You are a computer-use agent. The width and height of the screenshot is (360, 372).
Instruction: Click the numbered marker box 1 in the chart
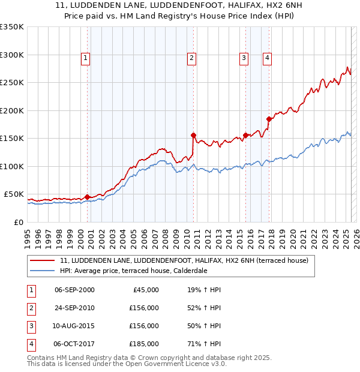tap(86, 58)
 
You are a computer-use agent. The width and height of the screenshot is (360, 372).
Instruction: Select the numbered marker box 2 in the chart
tap(191, 58)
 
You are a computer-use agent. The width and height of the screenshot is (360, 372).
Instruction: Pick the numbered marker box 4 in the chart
tap(266, 58)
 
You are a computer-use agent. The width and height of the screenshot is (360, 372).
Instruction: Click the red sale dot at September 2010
tap(193, 135)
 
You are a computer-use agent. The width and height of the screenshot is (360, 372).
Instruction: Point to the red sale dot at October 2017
tap(269, 119)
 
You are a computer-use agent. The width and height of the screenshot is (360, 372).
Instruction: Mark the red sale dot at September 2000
tap(88, 197)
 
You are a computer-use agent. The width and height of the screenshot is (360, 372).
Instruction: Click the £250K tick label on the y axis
tap(12, 83)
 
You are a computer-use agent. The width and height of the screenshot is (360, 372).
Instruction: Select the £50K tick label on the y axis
tap(14, 194)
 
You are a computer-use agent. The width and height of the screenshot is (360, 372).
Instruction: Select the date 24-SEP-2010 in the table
tap(74, 308)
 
